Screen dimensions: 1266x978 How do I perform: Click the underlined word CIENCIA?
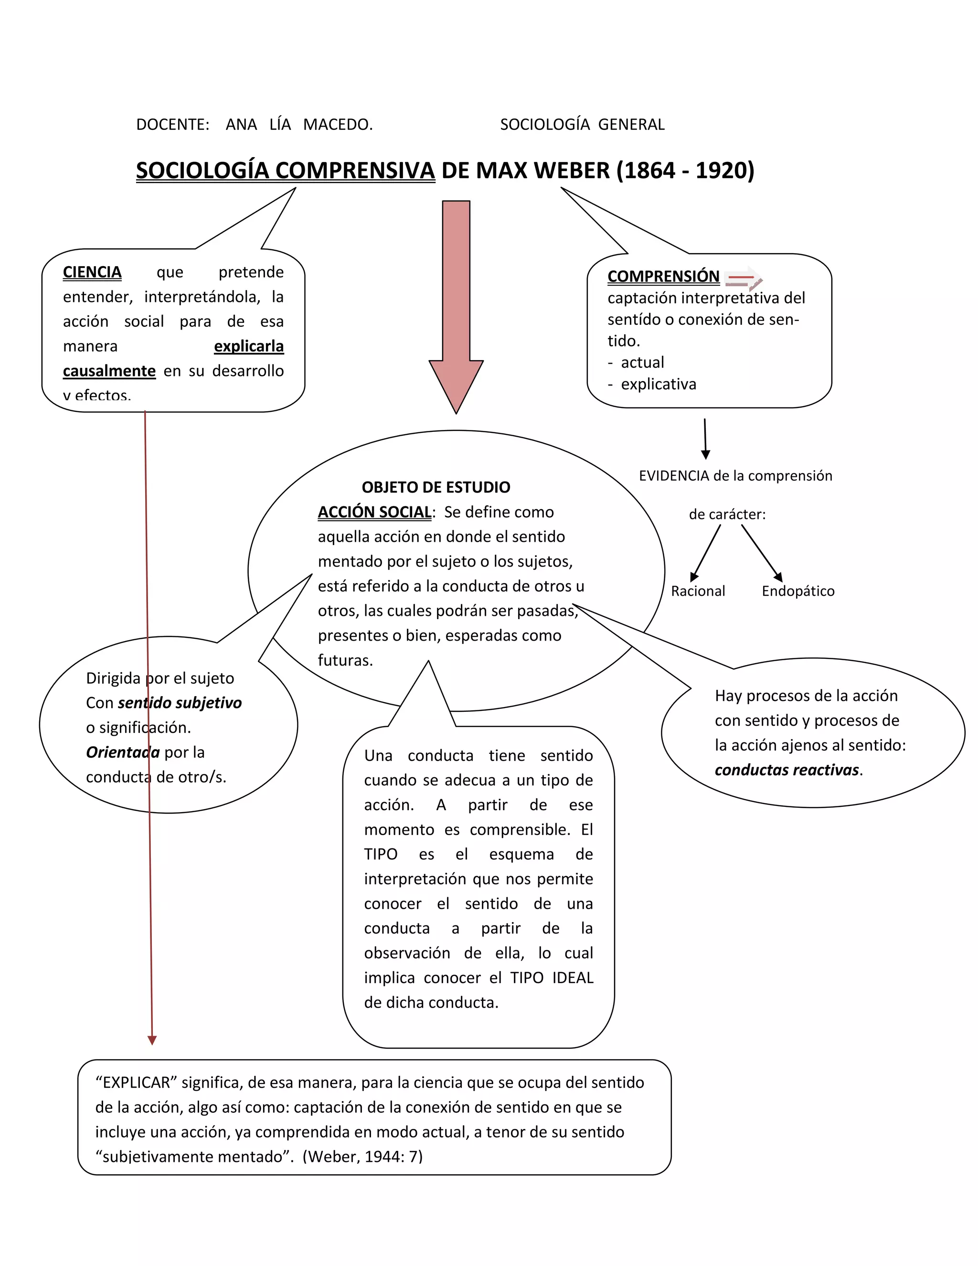point(92,272)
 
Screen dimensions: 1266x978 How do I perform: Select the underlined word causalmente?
point(109,371)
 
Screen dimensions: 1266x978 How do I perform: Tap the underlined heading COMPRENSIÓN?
point(663,277)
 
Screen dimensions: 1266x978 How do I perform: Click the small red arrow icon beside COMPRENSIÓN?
point(744,279)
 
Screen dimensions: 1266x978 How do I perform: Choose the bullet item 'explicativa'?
point(658,384)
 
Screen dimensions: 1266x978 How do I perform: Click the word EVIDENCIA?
point(674,476)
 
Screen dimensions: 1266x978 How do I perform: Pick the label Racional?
point(698,591)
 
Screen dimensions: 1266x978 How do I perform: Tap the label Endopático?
point(798,591)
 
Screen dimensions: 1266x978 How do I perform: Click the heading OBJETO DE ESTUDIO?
point(436,487)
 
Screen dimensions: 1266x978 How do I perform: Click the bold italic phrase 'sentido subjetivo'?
point(180,703)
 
